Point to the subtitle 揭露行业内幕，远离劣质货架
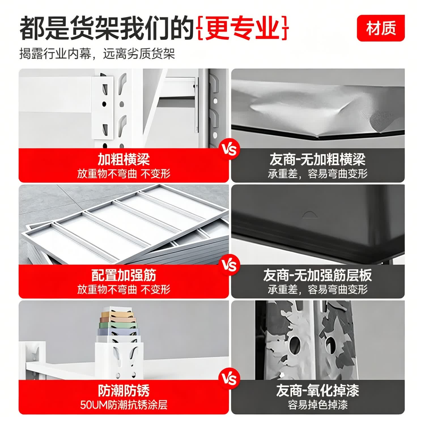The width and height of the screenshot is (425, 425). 97,54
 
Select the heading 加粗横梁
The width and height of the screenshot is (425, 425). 124,159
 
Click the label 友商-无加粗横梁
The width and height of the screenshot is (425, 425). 317,159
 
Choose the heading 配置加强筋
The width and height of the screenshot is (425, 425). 124,275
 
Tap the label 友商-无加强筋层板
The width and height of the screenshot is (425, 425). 317,275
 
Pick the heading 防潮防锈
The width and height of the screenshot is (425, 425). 124,391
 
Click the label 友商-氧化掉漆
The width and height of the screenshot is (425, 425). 317,391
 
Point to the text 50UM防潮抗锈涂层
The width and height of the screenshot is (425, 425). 124,405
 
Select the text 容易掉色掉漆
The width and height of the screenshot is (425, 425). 318,405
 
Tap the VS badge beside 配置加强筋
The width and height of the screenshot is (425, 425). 229,265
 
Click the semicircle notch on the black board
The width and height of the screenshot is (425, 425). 310,214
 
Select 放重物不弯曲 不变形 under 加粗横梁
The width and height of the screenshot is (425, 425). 124,174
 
